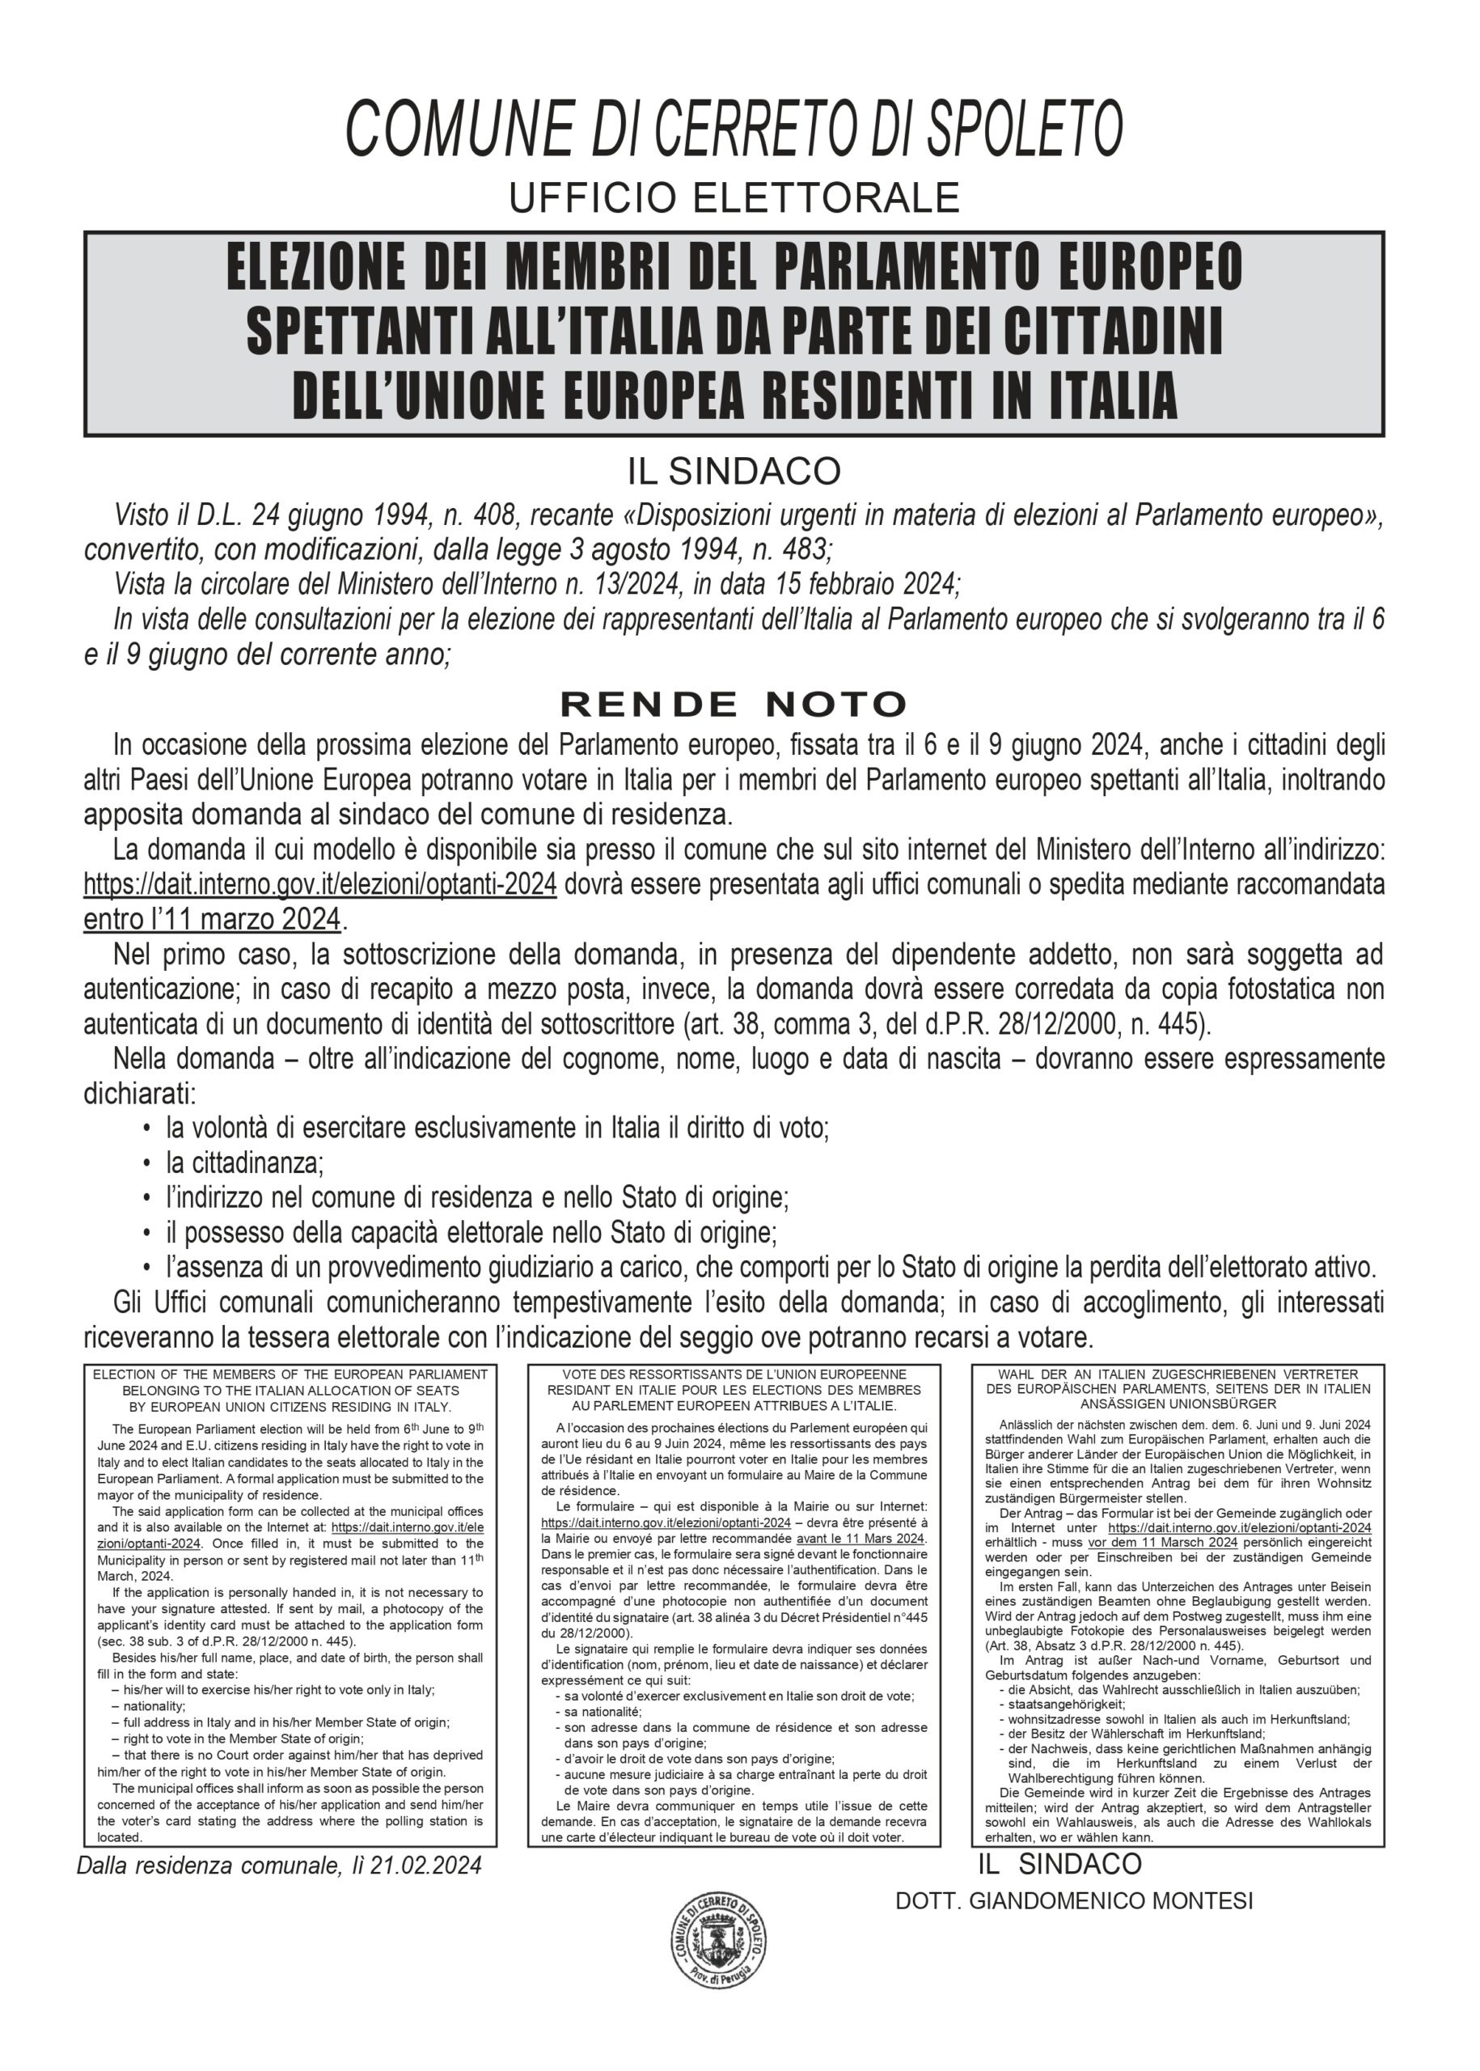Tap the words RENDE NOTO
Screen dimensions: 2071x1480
(x=734, y=704)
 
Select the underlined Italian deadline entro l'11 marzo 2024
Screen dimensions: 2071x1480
(x=211, y=919)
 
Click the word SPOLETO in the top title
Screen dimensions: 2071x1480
(x=1025, y=128)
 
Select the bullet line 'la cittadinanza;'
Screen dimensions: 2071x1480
(x=244, y=1164)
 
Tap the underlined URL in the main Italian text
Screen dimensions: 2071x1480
(x=320, y=884)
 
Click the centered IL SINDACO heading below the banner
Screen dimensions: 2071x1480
(x=734, y=472)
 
